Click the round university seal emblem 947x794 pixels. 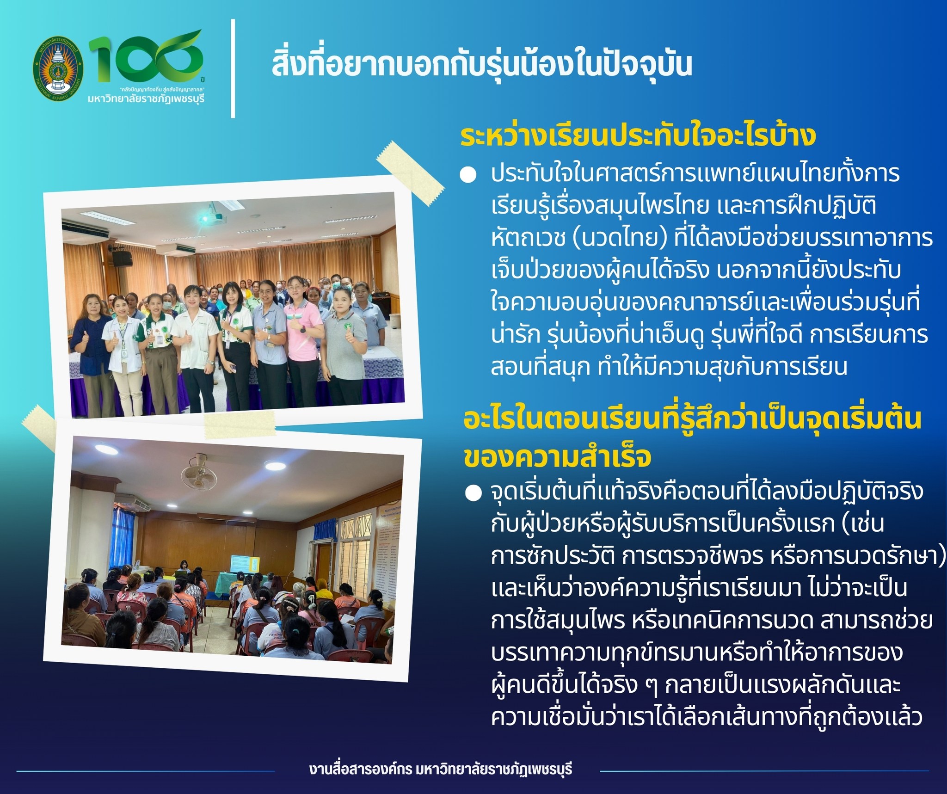pyautogui.click(x=58, y=68)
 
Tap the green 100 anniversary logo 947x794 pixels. pyautogui.click(x=146, y=58)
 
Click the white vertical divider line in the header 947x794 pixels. pyautogui.click(x=233, y=68)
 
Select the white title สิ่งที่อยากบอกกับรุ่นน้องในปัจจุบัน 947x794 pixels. pyautogui.click(x=481, y=65)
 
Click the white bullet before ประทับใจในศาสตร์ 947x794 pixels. pyautogui.click(x=468, y=176)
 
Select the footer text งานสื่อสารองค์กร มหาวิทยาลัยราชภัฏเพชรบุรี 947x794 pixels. pyautogui.click(x=441, y=769)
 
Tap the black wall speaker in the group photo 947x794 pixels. pyautogui.click(x=122, y=259)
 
